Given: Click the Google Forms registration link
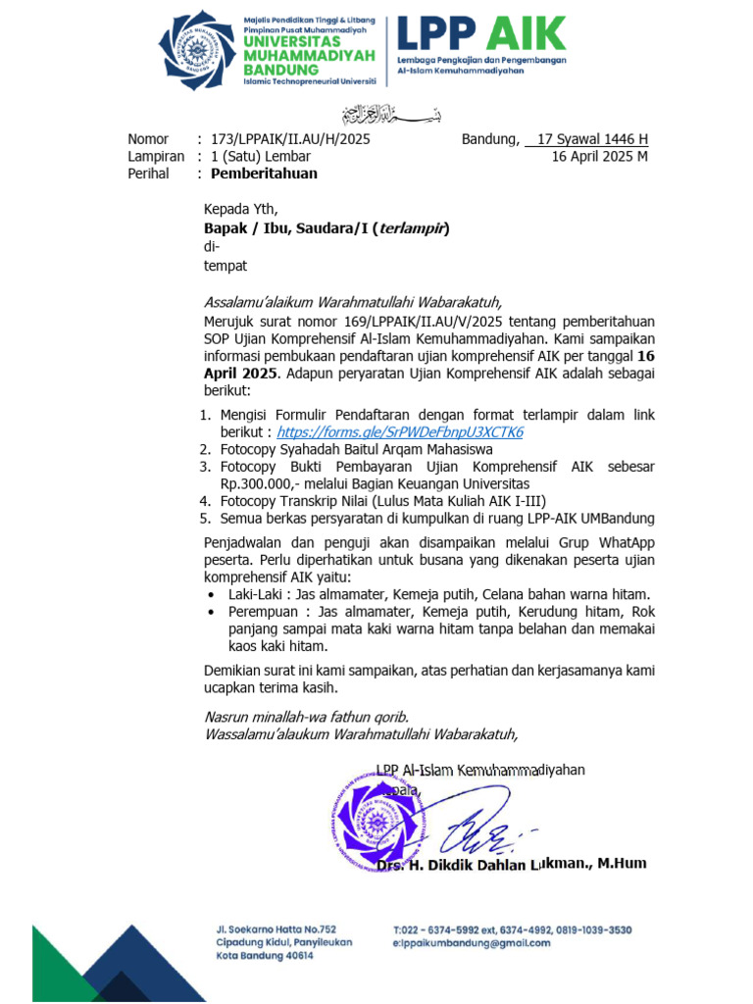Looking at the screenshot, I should [x=400, y=432].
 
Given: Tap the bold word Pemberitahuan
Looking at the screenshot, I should [x=265, y=174].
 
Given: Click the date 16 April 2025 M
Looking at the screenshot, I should [x=599, y=156].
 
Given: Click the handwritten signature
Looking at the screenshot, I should [x=480, y=832].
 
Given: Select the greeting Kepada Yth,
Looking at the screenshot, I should [x=240, y=208].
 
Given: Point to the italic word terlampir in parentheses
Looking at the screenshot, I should [x=412, y=227].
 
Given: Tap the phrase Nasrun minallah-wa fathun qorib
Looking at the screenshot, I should [x=306, y=716].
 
